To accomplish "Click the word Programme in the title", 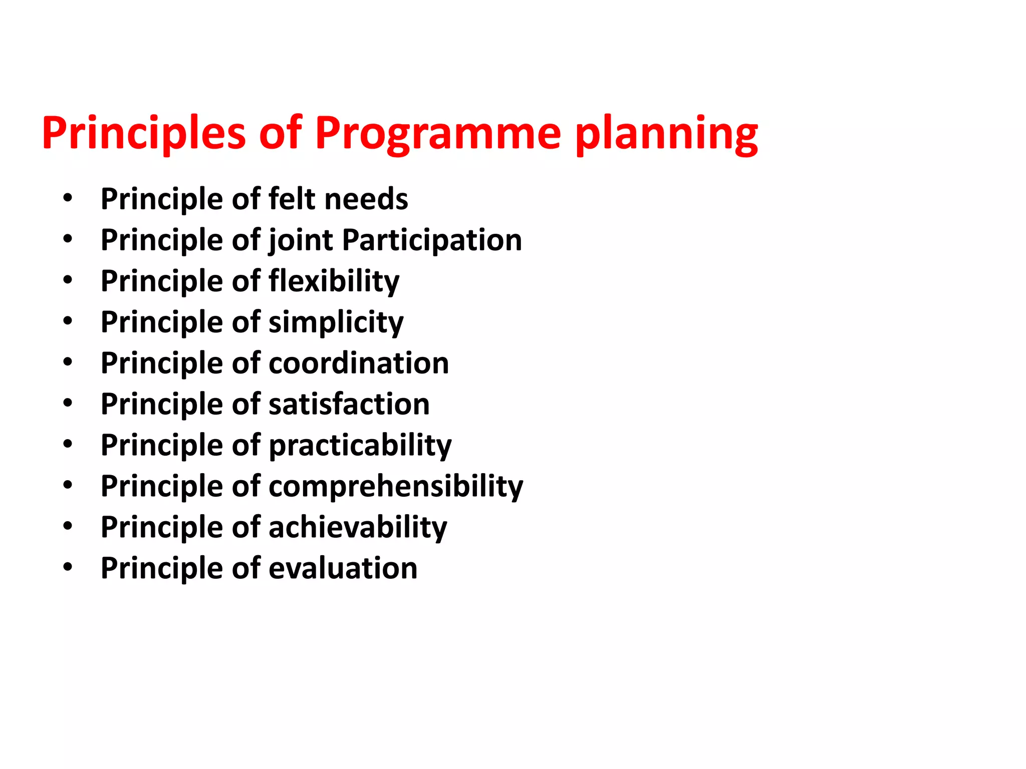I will coord(437,133).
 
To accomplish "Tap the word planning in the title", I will coord(666,133).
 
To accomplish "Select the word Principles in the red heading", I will coord(144,133).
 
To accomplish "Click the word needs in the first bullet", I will coord(366,199).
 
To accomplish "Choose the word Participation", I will coord(432,240).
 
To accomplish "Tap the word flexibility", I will coord(334,281).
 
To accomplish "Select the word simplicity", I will coord(336,322).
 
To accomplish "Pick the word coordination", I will coord(359,363).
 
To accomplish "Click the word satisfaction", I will coord(349,405).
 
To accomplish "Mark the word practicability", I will coord(360,446).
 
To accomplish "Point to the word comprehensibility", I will coord(396,487).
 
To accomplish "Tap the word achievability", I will coord(358,528).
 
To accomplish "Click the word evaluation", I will coord(343,569).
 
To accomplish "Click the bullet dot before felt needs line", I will coord(68,198).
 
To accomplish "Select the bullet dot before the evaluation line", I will coord(68,568).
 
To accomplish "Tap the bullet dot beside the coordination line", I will coord(68,362).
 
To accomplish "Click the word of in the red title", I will coord(281,133).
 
